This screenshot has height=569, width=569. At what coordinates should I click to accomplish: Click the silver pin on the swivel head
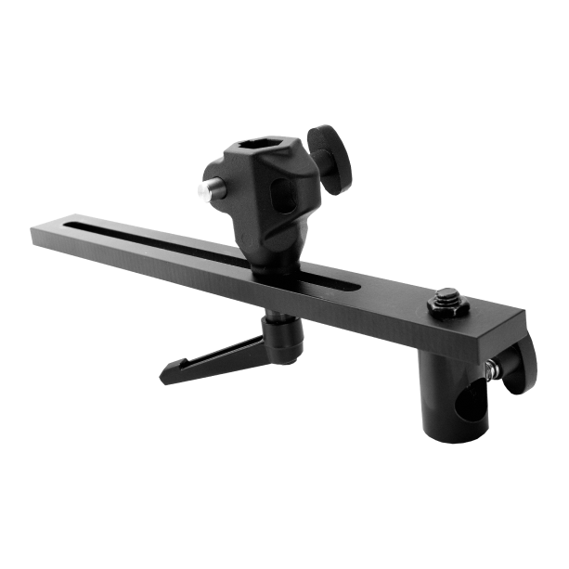(204, 190)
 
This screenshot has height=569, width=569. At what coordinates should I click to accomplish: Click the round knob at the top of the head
(332, 154)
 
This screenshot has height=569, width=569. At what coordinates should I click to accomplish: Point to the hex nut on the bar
(447, 307)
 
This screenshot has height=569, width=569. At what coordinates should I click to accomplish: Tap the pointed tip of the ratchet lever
(164, 377)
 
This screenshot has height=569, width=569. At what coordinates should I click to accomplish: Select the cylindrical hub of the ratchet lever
(283, 335)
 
